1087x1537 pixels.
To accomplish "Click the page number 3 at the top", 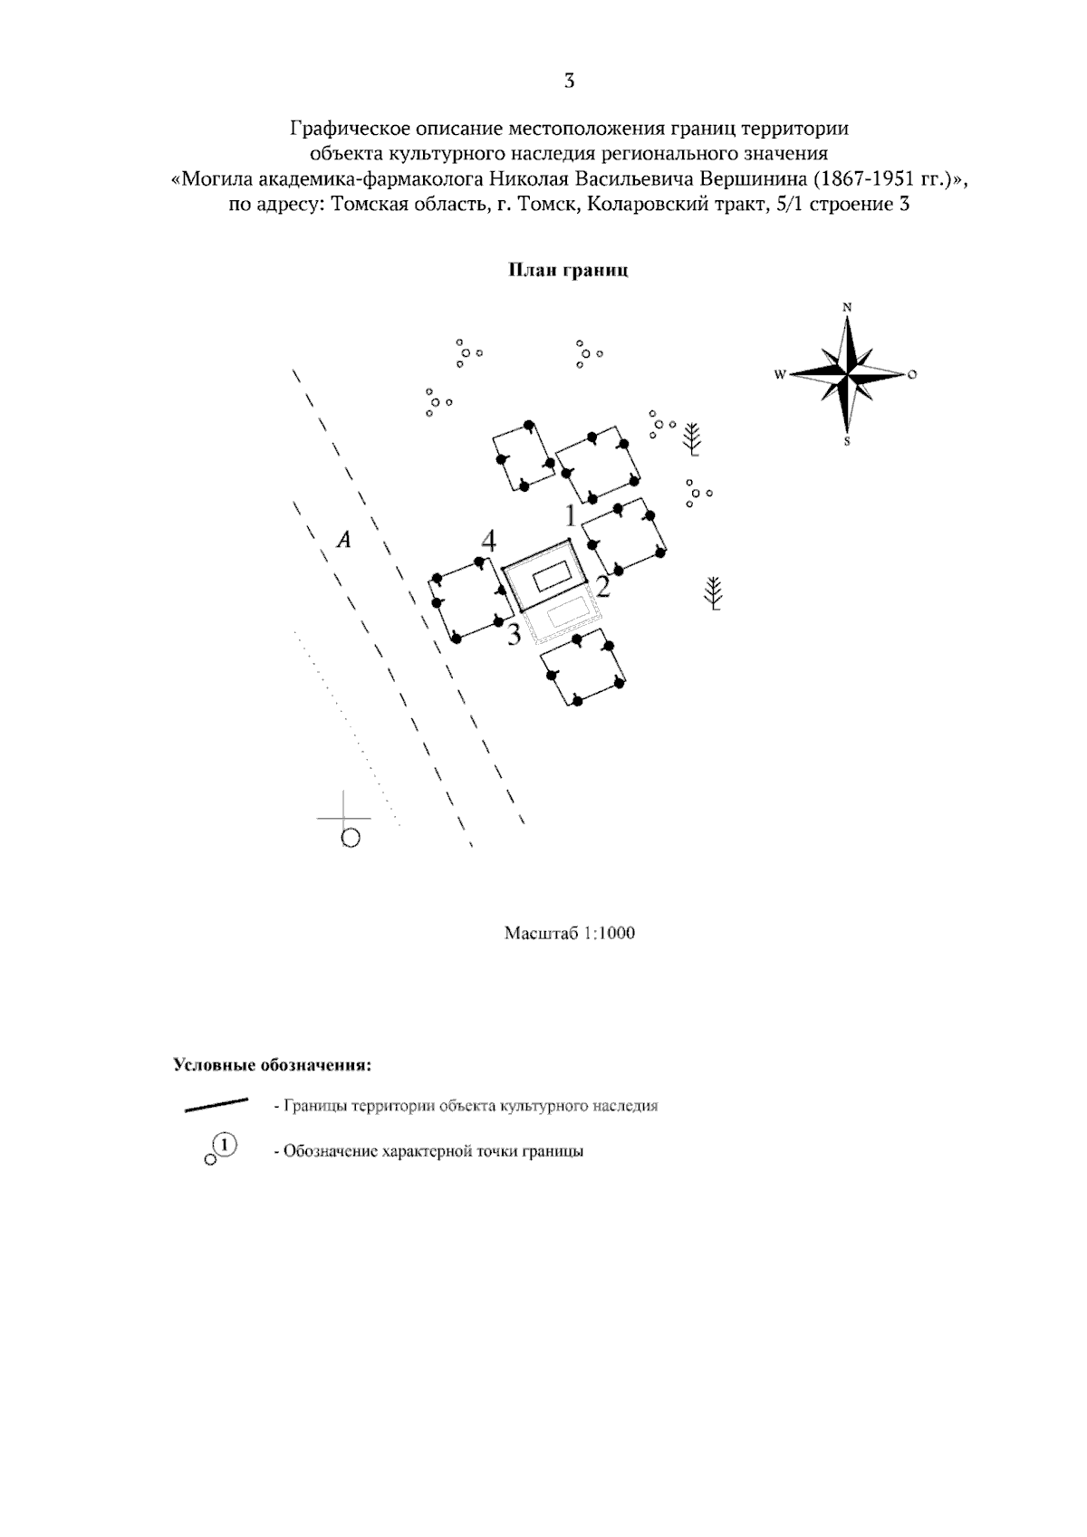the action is [x=569, y=81].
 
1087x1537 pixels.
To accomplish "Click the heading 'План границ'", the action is [x=568, y=270].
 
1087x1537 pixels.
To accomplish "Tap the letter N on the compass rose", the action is [x=847, y=308].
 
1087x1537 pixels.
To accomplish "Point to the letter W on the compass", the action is [x=780, y=375].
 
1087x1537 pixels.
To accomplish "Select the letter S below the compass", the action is [x=847, y=441].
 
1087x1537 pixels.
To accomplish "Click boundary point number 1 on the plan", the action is [x=571, y=515].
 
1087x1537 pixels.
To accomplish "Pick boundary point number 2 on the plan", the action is [x=601, y=587].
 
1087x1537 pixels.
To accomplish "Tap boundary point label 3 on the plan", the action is [x=514, y=635].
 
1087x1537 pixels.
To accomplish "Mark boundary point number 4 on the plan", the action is [x=488, y=542].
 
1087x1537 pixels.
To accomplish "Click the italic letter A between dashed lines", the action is [x=344, y=541].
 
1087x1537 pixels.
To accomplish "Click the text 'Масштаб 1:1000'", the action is [x=570, y=933].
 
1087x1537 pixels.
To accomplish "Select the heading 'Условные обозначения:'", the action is [x=273, y=1066].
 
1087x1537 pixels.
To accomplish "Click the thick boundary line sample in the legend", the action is [x=216, y=1105].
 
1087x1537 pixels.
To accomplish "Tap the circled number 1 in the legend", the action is [x=225, y=1145].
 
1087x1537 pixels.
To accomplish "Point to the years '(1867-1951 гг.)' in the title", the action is [x=890, y=179].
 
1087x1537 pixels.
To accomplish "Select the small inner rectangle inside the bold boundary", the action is [x=553, y=575].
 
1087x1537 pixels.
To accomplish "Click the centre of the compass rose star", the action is [x=847, y=375].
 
